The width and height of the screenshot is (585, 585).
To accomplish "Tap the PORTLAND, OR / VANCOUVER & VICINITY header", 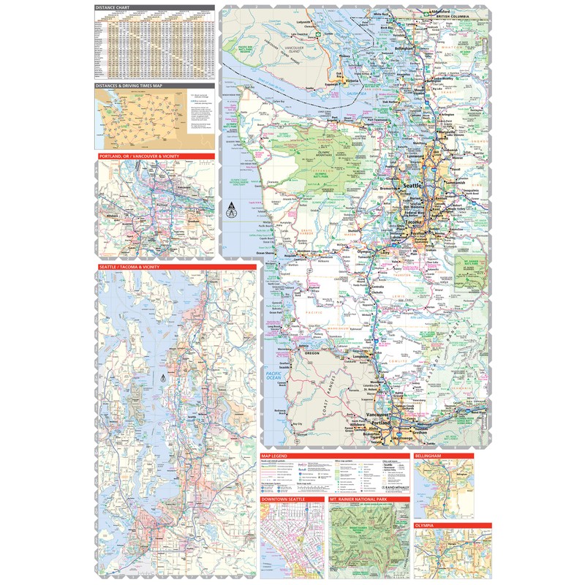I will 139,156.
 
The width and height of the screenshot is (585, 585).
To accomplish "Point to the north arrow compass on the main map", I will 233,210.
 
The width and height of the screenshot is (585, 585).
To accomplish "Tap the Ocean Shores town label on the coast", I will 265,254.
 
